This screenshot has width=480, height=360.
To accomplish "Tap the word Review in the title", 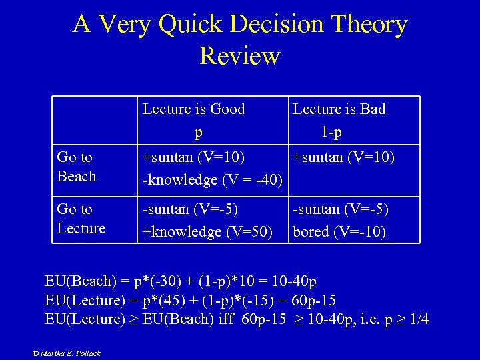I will point(239,55).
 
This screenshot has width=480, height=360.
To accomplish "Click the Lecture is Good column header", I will point(194,109).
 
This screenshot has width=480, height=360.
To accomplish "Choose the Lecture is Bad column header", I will point(339,109).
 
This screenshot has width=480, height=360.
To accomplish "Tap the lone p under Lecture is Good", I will point(198,133).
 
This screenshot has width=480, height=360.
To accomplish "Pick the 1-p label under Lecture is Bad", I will point(331,133).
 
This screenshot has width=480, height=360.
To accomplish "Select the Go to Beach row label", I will point(76,167).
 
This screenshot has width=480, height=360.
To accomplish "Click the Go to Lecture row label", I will point(81,219).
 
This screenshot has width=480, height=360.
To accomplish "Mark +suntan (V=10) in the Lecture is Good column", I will point(194,157).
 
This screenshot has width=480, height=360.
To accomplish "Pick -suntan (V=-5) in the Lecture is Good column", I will point(191,209).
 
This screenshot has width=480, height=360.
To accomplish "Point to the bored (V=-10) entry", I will point(339,233).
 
